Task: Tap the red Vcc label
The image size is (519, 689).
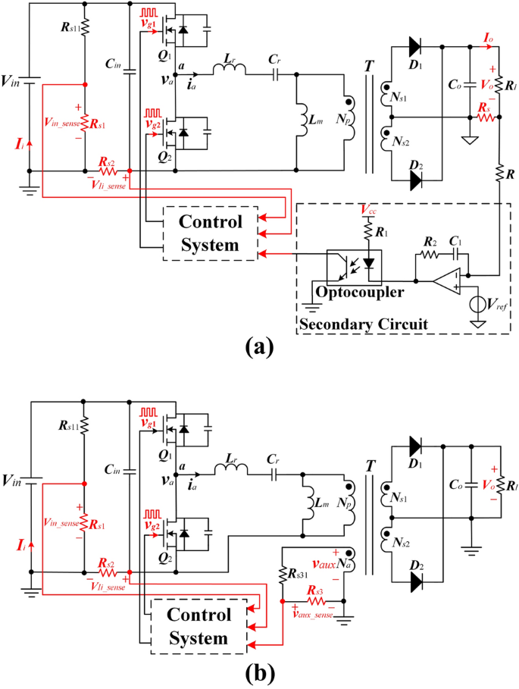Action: pos(369,208)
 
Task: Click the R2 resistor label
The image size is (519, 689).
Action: pos(429,242)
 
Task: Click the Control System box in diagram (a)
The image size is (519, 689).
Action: pos(211,233)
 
